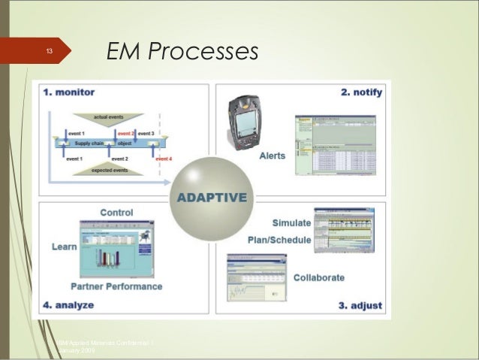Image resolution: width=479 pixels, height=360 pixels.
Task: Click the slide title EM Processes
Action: click(x=182, y=50)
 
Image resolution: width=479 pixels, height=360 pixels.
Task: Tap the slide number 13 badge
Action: click(x=47, y=51)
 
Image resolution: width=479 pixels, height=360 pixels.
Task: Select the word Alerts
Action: click(x=272, y=156)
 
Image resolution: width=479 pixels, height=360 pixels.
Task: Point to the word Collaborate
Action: click(x=319, y=277)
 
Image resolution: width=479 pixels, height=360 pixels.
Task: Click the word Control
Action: click(x=116, y=213)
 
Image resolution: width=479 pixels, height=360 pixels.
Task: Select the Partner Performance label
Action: click(x=116, y=286)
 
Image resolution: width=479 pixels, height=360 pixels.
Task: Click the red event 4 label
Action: click(x=164, y=159)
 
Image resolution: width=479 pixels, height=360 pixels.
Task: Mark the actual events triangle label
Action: click(x=110, y=117)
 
